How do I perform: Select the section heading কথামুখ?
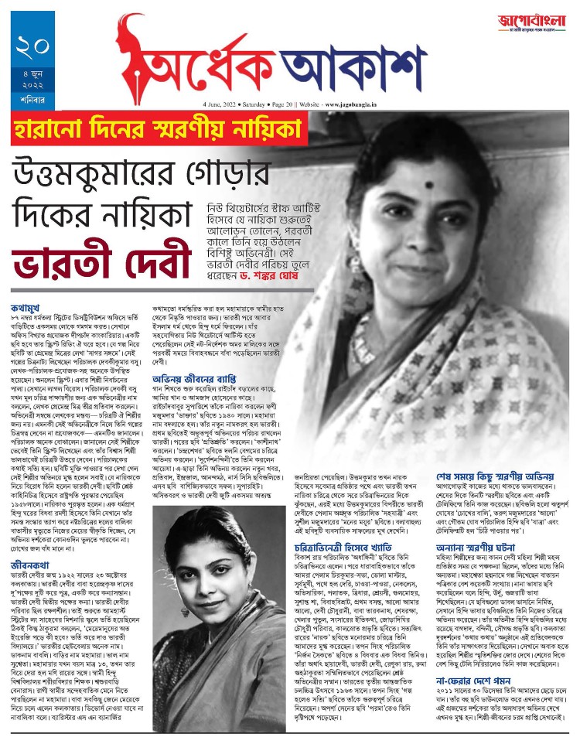pos(29,316)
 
